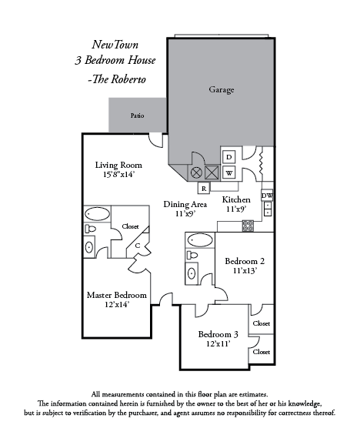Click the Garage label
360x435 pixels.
(x=222, y=89)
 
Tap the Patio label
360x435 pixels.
(x=137, y=115)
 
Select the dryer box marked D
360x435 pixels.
(x=229, y=157)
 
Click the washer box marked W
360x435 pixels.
(x=229, y=173)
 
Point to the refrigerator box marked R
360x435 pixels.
(x=204, y=189)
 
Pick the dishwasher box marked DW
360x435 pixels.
(x=267, y=196)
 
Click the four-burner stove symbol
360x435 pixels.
(x=248, y=226)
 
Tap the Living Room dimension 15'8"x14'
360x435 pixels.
(x=118, y=175)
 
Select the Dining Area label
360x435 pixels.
(x=185, y=205)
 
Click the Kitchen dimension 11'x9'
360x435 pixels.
(x=236, y=209)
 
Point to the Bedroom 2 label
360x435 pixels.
(x=245, y=261)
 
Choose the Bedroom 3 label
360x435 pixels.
(x=218, y=334)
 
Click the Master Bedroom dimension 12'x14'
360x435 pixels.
(x=117, y=305)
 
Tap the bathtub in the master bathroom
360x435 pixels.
(x=97, y=214)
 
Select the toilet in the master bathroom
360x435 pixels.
(x=90, y=229)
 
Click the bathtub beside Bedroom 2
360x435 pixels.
(x=200, y=240)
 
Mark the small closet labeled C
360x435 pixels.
(x=138, y=246)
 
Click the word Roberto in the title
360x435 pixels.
(x=128, y=79)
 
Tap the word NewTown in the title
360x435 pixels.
(x=115, y=45)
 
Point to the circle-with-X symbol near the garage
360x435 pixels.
(x=196, y=172)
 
